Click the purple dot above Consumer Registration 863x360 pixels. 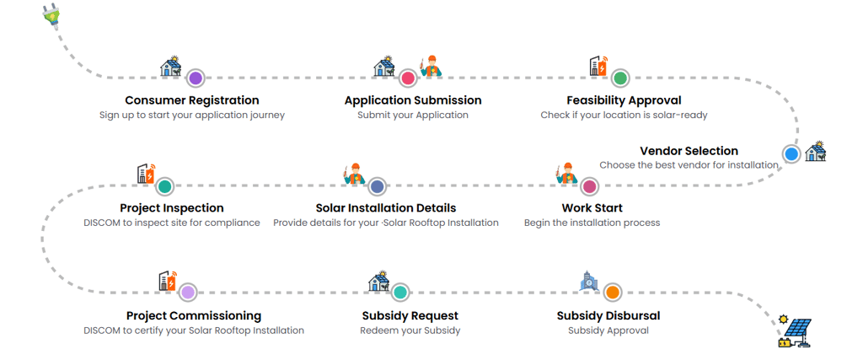coord(196,78)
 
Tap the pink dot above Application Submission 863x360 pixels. coord(408,78)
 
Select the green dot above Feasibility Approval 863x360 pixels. coord(620,78)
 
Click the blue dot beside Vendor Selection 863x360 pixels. coord(791,153)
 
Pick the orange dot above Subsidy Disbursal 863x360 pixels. coord(612,293)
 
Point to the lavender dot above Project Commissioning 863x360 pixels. coord(187,293)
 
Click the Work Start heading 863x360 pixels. coord(592,207)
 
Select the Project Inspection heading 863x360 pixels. coord(172,207)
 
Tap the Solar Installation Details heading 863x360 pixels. coord(386,207)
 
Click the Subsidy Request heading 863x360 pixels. coord(410,315)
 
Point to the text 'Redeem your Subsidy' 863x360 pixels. coord(410,330)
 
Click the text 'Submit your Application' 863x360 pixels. coord(413,115)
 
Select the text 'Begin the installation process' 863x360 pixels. coord(592,223)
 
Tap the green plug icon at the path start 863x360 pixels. coord(51,13)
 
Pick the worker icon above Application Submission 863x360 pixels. coord(431,65)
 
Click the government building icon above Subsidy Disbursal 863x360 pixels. coord(588,280)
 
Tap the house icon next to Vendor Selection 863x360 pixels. coord(816,152)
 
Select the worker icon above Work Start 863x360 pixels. coord(565,173)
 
